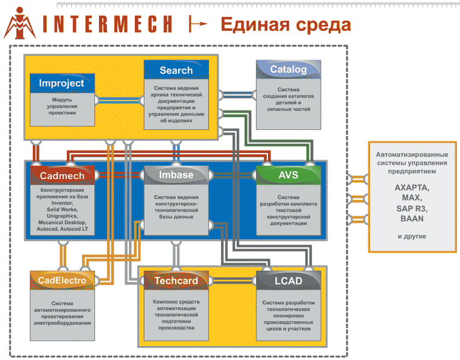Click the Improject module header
61,83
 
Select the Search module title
176,70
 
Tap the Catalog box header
288,69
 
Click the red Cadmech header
61,176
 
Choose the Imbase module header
176,175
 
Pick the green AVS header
288,175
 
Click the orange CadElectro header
62,281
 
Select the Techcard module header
176,281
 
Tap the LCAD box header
288,281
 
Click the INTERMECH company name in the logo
109,24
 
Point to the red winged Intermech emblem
21,24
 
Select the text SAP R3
411,208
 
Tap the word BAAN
411,219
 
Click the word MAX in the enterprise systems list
411,199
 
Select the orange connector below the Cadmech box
61,254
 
